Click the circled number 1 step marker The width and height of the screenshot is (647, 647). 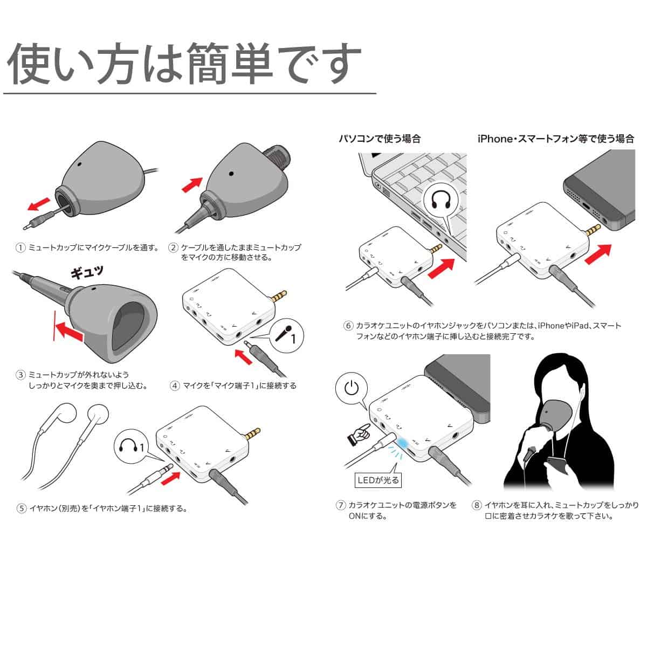point(21,248)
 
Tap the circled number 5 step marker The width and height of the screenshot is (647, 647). point(22,508)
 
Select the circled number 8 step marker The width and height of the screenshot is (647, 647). point(477,505)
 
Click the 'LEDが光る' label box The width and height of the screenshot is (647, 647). point(378,480)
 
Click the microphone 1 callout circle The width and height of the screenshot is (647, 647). point(286,335)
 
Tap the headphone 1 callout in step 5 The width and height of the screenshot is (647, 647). point(131,446)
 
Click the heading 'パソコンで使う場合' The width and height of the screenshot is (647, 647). point(380,139)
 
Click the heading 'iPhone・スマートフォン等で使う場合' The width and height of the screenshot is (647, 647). point(556,139)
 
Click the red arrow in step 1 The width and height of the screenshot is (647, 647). point(39,204)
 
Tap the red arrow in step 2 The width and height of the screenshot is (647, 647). point(192,185)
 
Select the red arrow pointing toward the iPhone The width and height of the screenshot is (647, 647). point(598,254)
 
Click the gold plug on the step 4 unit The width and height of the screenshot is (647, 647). point(279,296)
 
